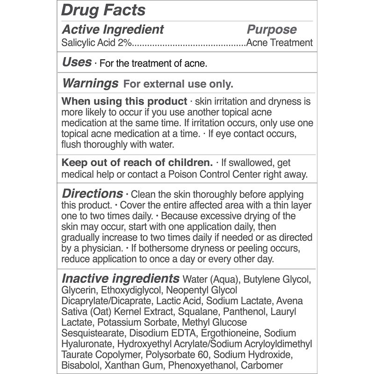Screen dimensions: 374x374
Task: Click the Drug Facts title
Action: point(103,10)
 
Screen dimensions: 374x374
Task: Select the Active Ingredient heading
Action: point(113,29)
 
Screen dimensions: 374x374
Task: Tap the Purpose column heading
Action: point(272,29)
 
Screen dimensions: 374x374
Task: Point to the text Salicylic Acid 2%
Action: point(97,43)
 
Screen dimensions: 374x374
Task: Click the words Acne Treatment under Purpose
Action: point(279,43)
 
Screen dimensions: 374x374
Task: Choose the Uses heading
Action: point(77,62)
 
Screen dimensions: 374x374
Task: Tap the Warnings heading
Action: point(90,84)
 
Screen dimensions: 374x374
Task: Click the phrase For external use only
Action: point(177,85)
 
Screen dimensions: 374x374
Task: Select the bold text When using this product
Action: point(124,102)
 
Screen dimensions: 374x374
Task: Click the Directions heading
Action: point(93,193)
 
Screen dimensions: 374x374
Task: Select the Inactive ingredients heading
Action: point(121,279)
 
